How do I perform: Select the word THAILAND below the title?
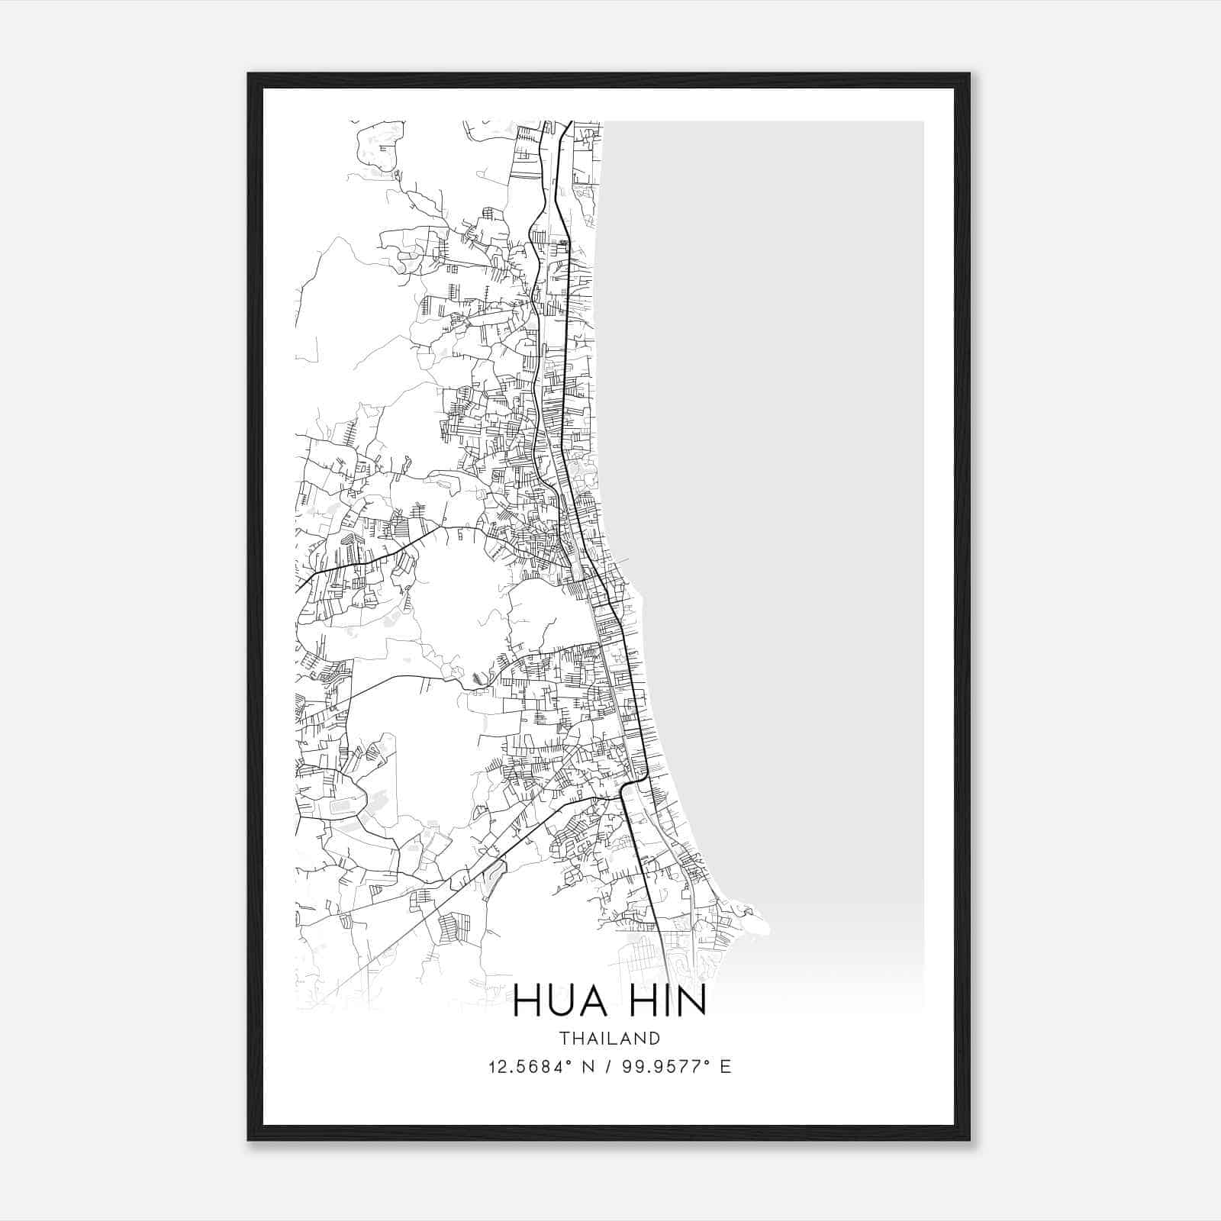click(610, 1038)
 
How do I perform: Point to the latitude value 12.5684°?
click(533, 1066)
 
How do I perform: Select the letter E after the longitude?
click(725, 1066)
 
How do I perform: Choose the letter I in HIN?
click(664, 1001)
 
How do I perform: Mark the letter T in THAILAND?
click(563, 1038)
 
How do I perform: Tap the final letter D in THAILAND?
click(655, 1038)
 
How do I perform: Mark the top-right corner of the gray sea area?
click(923, 122)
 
